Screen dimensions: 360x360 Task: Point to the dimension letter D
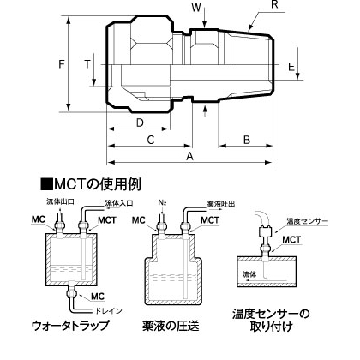[140, 123]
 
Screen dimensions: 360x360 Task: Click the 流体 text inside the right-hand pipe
[249, 275]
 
